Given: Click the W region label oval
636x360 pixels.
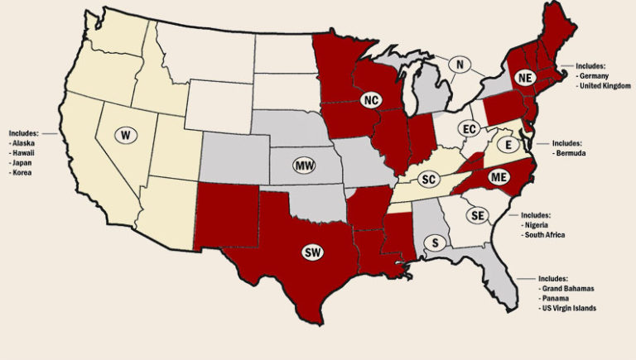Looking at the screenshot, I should pyautogui.click(x=125, y=135).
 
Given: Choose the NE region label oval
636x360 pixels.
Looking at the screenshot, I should pyautogui.click(x=523, y=77).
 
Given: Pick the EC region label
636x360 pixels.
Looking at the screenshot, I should pyautogui.click(x=470, y=129).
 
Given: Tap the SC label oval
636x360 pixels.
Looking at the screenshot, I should pyautogui.click(x=428, y=179).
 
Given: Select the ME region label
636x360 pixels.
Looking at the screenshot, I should pyautogui.click(x=498, y=175).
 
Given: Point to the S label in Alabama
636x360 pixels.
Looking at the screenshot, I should pyautogui.click(x=435, y=242).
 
